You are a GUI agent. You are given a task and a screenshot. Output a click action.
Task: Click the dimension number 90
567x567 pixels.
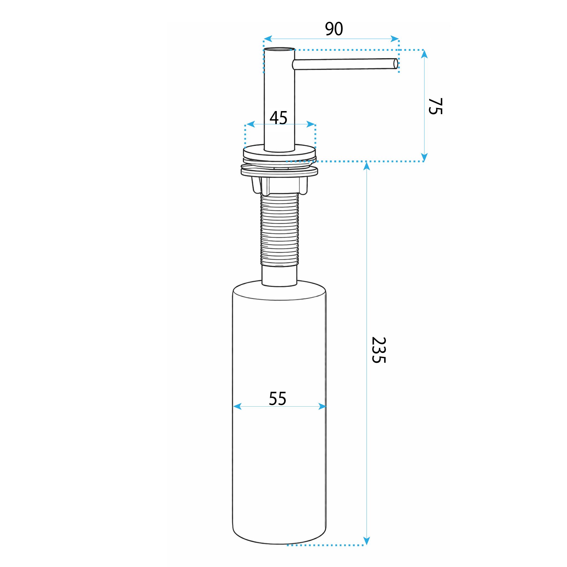tap(334, 29)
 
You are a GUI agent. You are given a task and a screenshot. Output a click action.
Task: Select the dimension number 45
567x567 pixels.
tap(278, 118)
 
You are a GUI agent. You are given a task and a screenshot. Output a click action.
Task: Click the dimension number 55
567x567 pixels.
tap(277, 398)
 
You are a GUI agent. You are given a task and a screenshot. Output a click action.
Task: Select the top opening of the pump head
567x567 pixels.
tap(279, 49)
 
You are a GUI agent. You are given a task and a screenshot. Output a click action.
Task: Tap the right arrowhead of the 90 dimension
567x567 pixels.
tap(395, 39)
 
